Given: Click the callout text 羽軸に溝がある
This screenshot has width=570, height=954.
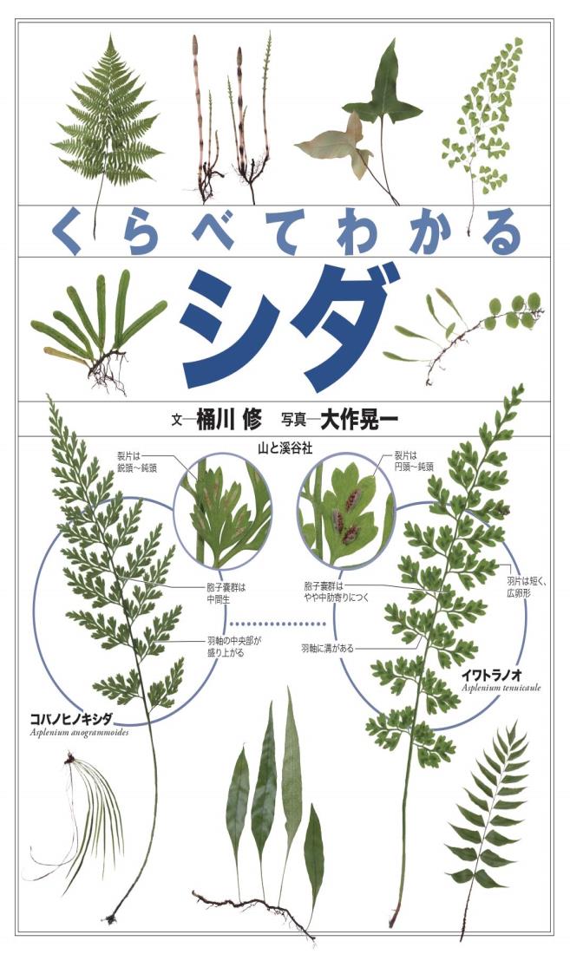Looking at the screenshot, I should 327,647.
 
